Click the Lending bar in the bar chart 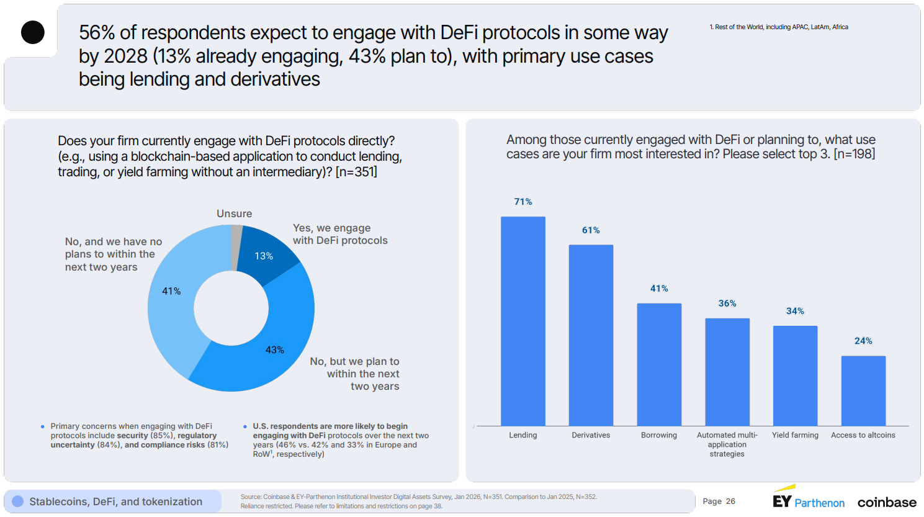point(523,321)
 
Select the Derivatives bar point(591,335)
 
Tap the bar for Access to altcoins point(863,390)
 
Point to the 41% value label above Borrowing point(659,289)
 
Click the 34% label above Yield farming point(795,311)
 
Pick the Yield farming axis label point(795,435)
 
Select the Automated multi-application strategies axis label point(727,444)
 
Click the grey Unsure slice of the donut point(236,247)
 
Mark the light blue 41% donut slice point(177,298)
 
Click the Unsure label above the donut point(234,214)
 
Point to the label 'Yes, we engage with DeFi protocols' point(339,235)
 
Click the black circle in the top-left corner point(33,32)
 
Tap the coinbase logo point(886,502)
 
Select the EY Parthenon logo point(808,500)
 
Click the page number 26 point(730,501)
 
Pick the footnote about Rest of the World point(778,27)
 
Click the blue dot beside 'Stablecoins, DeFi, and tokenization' point(18,501)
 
